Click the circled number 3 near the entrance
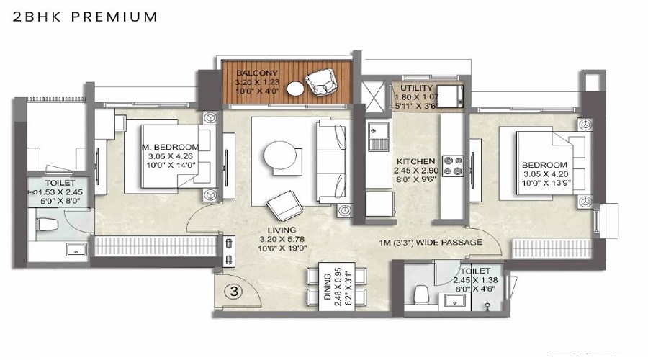coord(232,292)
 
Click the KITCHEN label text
coord(415,161)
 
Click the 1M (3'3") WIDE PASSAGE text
coord(436,243)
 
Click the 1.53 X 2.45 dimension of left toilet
coord(60,193)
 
